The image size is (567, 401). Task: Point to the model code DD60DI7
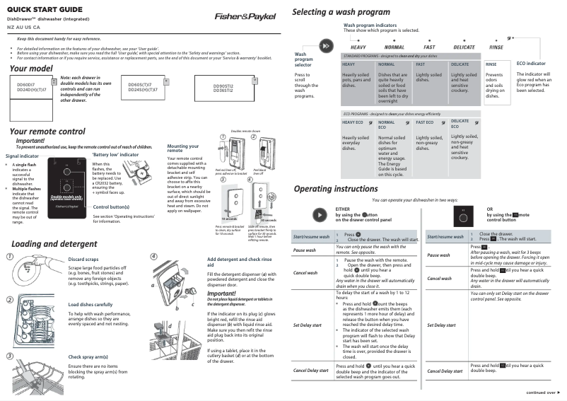[x=26, y=84]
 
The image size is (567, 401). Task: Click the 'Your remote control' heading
[x=47, y=132]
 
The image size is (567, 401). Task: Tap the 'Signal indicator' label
[x=22, y=155]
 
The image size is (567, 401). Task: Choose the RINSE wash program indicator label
[x=496, y=47]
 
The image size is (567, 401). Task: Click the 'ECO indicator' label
[x=531, y=64]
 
